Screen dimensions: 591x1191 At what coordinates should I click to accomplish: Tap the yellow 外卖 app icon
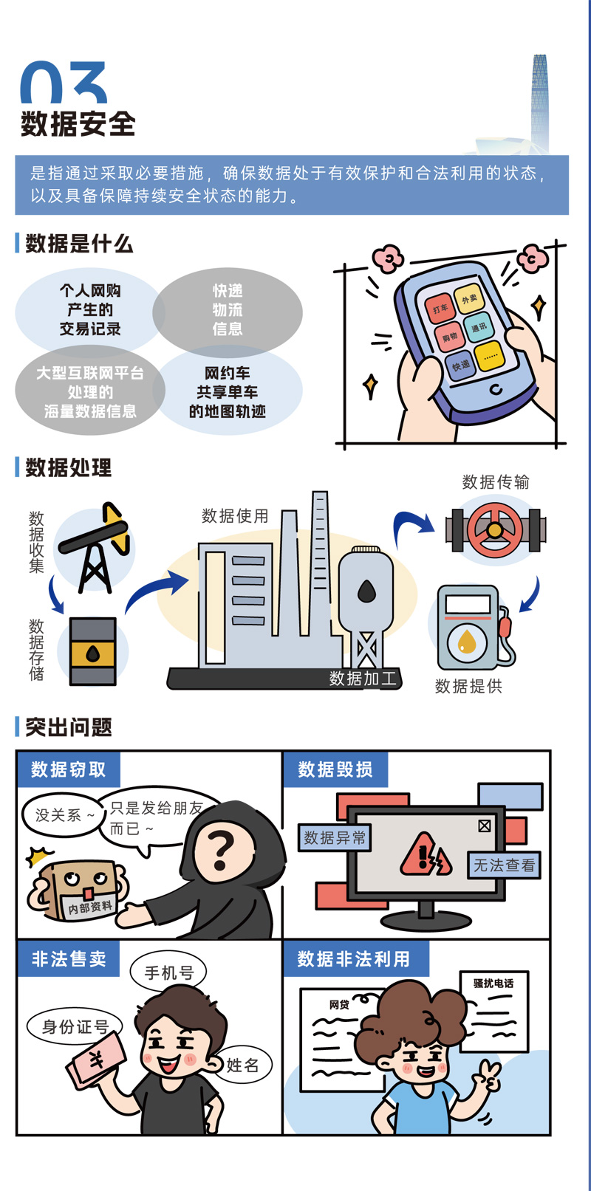tap(468, 299)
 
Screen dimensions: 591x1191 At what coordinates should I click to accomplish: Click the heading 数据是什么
tap(79, 244)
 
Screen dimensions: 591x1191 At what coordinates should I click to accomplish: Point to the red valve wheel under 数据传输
tap(495, 529)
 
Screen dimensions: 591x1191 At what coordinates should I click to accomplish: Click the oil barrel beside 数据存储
tap(93, 651)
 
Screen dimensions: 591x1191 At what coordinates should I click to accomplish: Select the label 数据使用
tap(235, 515)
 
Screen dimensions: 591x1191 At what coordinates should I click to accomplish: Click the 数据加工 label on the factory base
tap(363, 679)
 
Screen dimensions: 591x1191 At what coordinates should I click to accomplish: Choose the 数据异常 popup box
tap(335, 838)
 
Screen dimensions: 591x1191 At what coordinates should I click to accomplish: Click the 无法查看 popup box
tap(504, 865)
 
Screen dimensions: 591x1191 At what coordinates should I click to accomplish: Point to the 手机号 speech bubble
tap(169, 972)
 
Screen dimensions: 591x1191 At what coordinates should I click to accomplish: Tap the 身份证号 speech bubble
tap(75, 1026)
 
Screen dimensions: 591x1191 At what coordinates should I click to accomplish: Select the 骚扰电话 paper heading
tap(493, 983)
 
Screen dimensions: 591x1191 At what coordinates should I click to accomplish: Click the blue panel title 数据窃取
tap(69, 769)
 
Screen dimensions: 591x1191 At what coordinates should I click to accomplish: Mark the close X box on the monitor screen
tap(484, 826)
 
